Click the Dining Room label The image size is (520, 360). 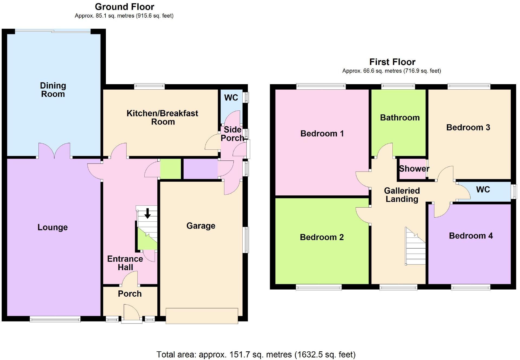53,90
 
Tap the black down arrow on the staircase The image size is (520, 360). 148,213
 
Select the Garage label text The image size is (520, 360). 201,226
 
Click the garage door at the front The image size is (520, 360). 202,316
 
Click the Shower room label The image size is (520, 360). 414,169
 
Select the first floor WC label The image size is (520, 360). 483,189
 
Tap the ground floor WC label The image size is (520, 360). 231,97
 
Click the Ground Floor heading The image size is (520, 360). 124,6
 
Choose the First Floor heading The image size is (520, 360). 392,62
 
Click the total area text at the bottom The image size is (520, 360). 256,354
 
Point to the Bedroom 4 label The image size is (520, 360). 471,236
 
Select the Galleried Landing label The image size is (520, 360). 402,195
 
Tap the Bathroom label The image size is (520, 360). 400,117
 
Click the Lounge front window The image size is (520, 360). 55,319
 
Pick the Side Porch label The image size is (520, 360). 232,134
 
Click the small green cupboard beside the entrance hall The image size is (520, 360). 171,169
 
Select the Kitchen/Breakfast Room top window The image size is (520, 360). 149,86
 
